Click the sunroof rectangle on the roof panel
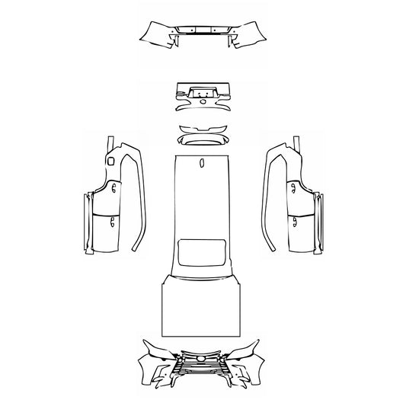202,251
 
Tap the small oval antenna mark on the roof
202,162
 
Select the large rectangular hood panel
202,308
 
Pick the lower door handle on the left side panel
113,222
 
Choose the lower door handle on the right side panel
294,222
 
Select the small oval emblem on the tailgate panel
202,98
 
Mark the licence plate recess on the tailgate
202,88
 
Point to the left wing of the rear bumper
155,33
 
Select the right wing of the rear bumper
250,33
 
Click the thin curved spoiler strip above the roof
203,127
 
